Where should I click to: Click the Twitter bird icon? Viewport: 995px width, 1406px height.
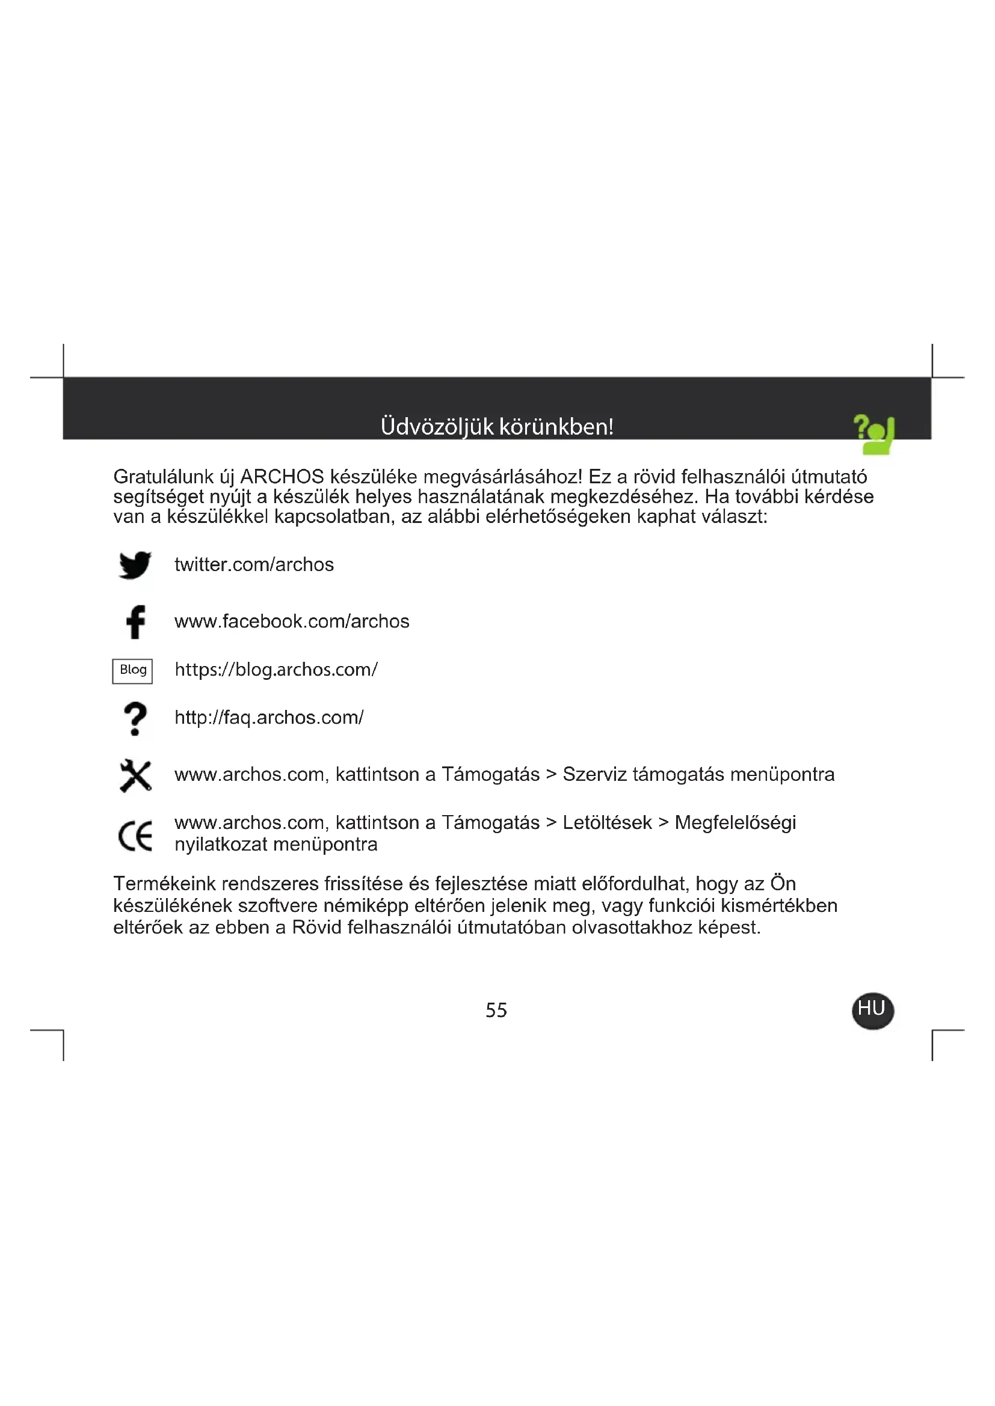135,564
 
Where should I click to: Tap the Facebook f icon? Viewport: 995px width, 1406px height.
135,622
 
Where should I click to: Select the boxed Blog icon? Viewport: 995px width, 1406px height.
132,671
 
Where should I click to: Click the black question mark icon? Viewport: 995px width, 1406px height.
135,718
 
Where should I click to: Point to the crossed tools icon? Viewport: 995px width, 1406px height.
135,775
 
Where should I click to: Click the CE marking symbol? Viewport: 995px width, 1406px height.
135,837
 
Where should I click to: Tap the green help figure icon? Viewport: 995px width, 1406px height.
874,434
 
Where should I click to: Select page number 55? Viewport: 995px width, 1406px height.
496,1010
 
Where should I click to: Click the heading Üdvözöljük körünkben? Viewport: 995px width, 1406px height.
497,426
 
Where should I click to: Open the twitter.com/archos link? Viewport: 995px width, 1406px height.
254,564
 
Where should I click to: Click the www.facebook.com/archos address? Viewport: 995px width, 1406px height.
292,622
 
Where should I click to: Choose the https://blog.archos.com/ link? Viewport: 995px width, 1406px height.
276,669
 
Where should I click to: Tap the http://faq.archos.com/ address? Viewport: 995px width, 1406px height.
269,717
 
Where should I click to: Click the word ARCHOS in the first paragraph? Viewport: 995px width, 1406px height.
282,477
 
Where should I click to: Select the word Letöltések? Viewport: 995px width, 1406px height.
606,822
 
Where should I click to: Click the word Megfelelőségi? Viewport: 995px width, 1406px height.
735,822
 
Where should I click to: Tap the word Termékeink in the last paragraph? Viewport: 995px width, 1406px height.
164,884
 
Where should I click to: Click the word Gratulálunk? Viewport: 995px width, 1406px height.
162,477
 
